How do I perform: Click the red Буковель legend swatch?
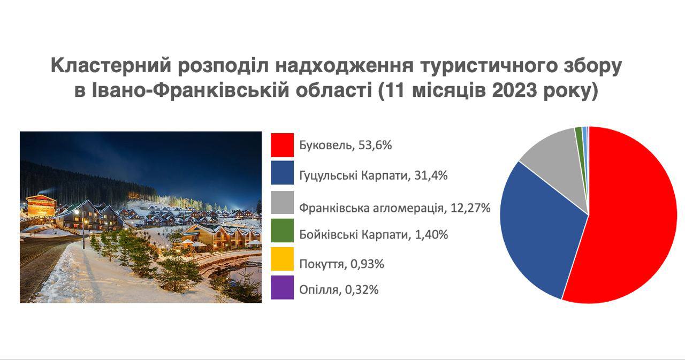[x=282, y=145]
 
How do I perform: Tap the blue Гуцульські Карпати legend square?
[x=282, y=173]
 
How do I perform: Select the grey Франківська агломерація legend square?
[x=282, y=202]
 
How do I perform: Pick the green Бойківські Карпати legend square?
[x=282, y=231]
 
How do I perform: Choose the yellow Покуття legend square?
[x=282, y=259]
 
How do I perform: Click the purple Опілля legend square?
[x=282, y=287]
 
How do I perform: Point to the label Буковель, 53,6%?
[x=345, y=145]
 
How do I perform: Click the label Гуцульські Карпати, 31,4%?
[x=374, y=176]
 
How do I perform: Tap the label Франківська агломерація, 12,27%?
[x=395, y=208]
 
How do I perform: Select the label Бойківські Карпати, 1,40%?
[x=374, y=235]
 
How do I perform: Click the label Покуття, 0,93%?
[x=341, y=264]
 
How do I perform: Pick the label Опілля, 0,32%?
[x=339, y=289]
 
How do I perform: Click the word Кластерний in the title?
[x=111, y=65]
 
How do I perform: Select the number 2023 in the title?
[x=514, y=91]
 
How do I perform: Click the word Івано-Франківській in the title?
[x=190, y=91]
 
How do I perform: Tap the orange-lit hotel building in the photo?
[x=41, y=205]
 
